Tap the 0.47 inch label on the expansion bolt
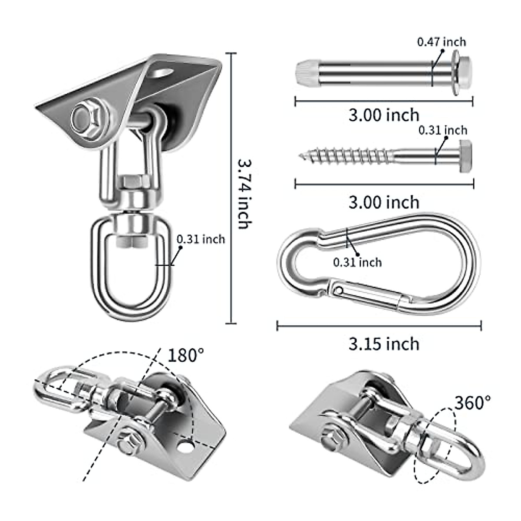(442, 42)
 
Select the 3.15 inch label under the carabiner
(384, 344)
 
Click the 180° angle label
(185, 356)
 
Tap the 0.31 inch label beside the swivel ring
(201, 239)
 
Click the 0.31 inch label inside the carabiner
(357, 262)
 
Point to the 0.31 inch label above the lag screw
(443, 130)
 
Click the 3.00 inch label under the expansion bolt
(384, 115)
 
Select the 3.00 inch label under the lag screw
(384, 202)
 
